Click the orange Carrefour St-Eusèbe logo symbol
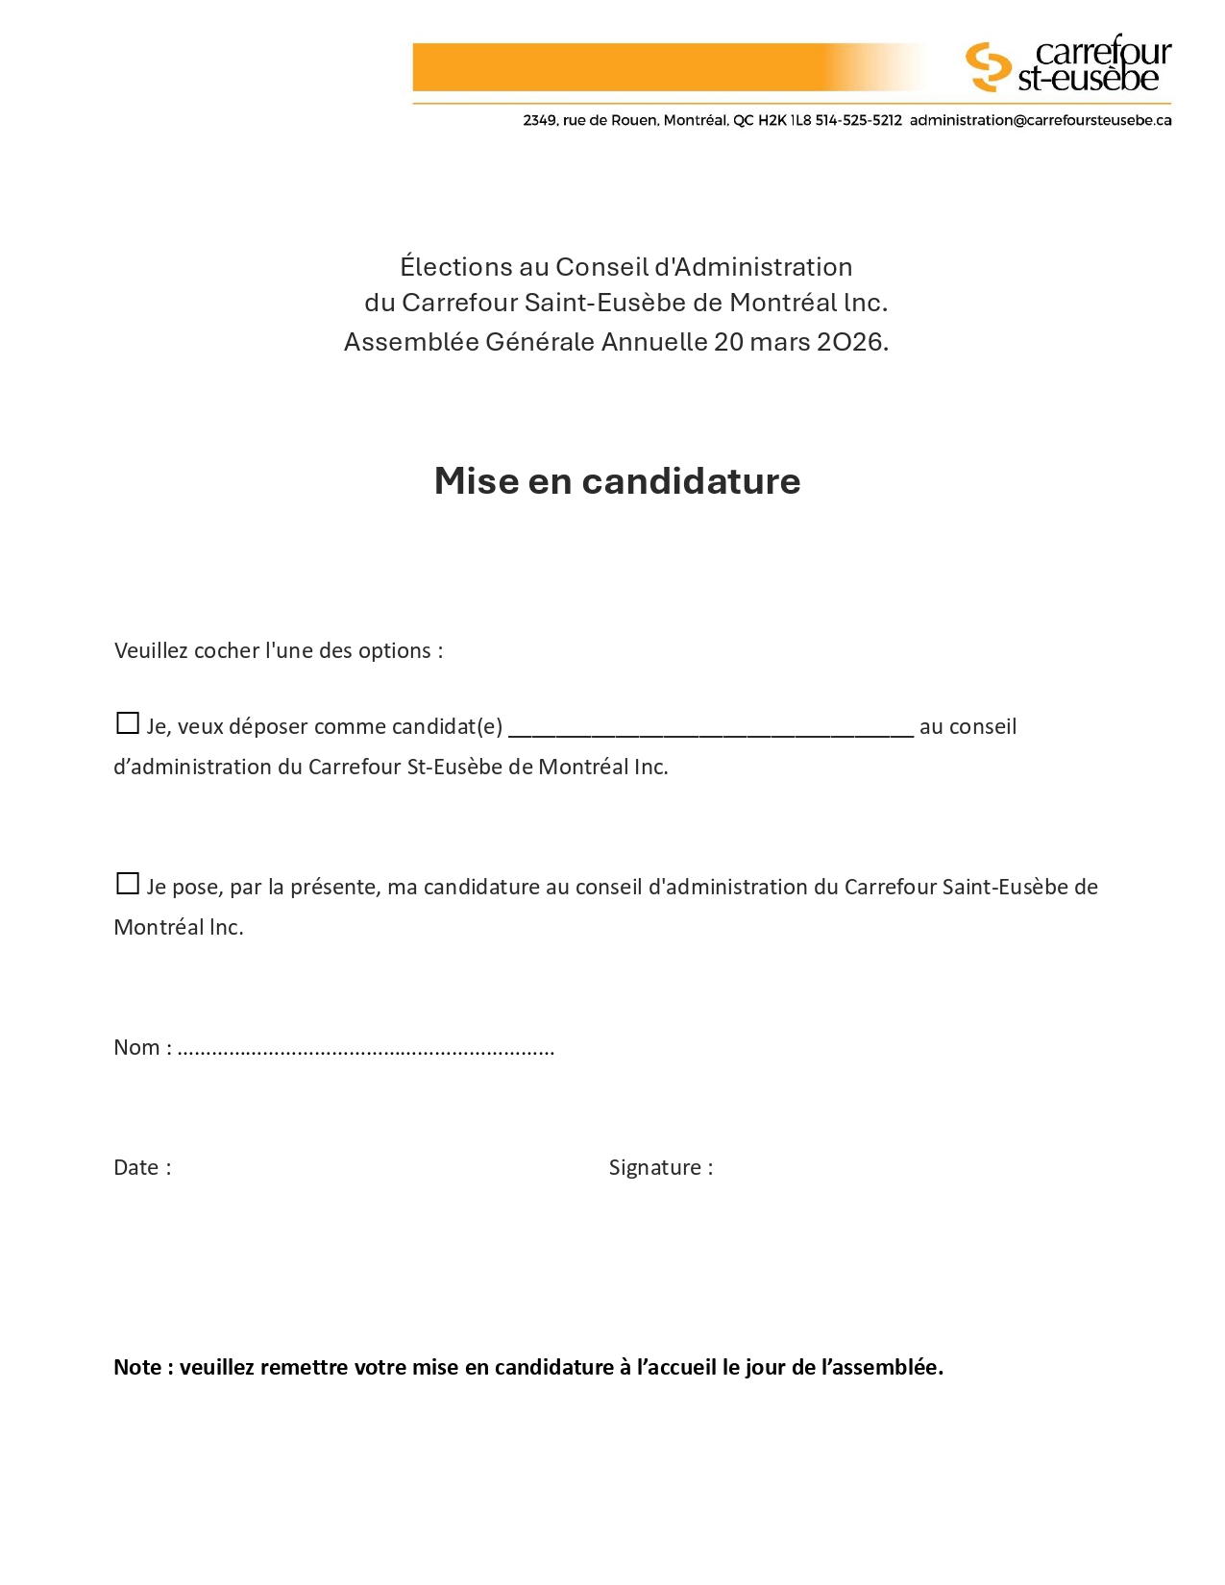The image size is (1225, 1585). point(988,67)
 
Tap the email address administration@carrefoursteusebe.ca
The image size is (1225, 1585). point(1040,121)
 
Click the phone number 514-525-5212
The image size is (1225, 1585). point(858,121)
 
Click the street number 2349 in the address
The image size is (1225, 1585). point(539,121)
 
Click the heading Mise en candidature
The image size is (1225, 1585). point(617,481)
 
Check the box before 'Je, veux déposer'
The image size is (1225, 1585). point(127,723)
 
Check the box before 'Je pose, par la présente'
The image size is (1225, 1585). point(127,884)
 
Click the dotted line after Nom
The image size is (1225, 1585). point(365,1050)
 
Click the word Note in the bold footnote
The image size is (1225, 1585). point(137,1368)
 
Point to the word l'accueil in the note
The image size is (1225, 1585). point(676,1368)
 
